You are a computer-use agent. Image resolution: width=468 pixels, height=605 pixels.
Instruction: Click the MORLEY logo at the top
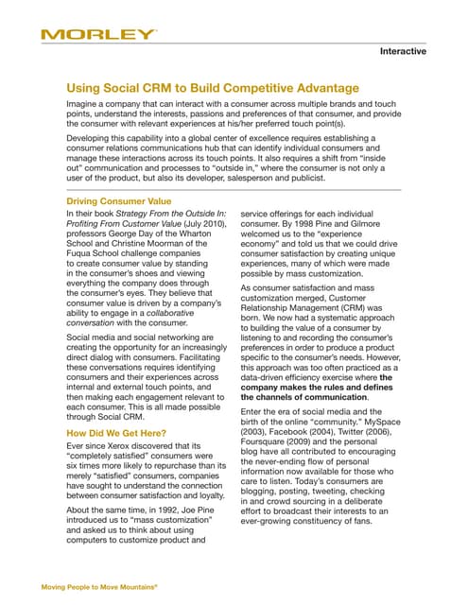[x=98, y=35]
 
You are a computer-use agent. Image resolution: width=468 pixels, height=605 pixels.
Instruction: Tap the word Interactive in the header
[x=403, y=52]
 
